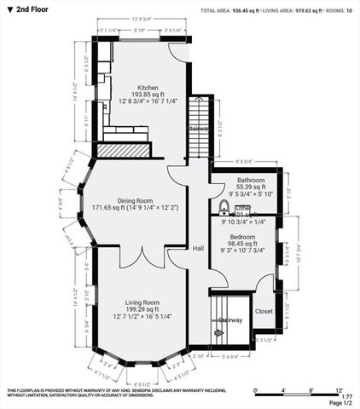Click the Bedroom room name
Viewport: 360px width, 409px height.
242,236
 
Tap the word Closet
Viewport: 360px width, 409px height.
264,312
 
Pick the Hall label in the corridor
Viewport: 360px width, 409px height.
198,248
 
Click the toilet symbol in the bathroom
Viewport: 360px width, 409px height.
224,207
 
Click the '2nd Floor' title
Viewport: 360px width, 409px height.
29,9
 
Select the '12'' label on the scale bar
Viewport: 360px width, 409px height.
338,389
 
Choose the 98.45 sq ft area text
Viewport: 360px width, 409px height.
242,244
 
